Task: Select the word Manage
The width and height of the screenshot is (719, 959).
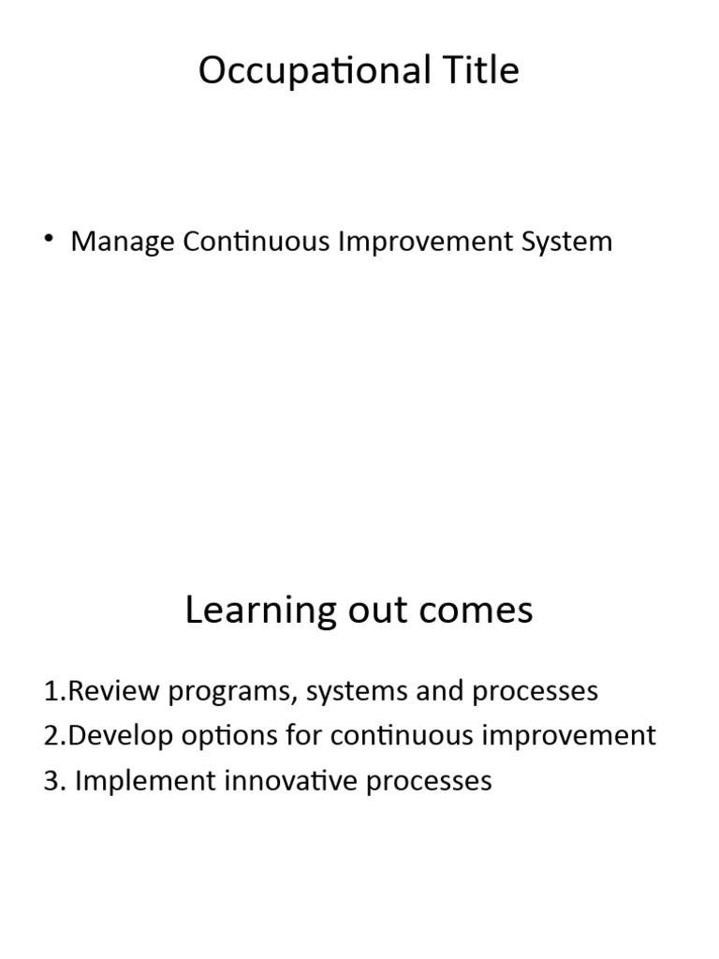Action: (x=123, y=242)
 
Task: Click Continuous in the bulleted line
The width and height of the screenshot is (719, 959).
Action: (x=255, y=242)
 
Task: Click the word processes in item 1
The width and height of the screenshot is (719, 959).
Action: (x=535, y=692)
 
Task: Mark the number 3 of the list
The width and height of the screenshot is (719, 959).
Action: (x=50, y=781)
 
